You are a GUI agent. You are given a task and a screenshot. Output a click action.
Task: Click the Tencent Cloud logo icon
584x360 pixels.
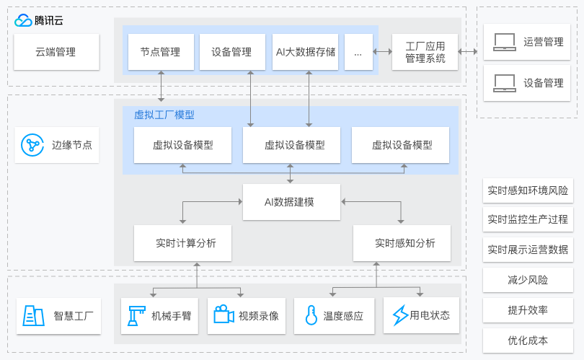point(22,20)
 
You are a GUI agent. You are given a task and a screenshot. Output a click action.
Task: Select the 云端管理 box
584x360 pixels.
point(56,52)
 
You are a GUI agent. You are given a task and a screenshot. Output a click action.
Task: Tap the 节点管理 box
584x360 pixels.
point(160,52)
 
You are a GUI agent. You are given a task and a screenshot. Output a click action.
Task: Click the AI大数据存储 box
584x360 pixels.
point(305,52)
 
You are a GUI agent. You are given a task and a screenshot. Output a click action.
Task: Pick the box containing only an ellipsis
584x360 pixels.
point(358,52)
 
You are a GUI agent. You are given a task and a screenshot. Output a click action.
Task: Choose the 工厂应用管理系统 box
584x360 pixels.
point(425,52)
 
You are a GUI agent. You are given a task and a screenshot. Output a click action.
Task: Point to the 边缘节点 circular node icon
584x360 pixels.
point(32,144)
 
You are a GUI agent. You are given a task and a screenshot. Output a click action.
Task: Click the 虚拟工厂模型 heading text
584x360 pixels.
point(164,115)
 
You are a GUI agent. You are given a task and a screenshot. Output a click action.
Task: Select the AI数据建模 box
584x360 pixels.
point(289,201)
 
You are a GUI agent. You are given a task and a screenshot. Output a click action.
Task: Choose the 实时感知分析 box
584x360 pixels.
point(402,243)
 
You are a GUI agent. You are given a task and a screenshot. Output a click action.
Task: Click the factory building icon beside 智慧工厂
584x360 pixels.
point(34,315)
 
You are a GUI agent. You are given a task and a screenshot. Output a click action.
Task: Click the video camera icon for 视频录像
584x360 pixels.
point(224,315)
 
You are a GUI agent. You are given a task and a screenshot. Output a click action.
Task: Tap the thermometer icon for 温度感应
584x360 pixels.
point(311,315)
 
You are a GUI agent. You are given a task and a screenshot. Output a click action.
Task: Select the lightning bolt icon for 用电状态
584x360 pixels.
point(399,315)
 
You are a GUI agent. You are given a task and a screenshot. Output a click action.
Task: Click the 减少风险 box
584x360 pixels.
point(528,280)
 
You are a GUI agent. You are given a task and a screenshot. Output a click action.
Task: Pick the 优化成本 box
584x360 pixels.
point(528,341)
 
